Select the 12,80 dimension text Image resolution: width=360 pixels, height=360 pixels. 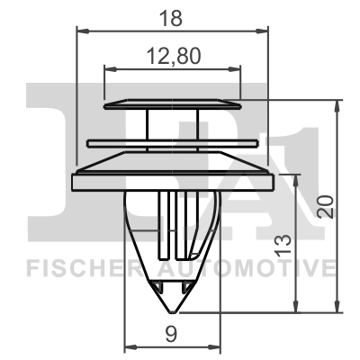click(172, 57)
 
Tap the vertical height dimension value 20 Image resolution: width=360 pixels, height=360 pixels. click(328, 206)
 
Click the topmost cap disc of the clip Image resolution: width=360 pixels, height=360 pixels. click(173, 103)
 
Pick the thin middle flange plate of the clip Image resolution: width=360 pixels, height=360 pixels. click(173, 141)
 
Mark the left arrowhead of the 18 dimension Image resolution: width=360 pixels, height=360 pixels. click(79, 31)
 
